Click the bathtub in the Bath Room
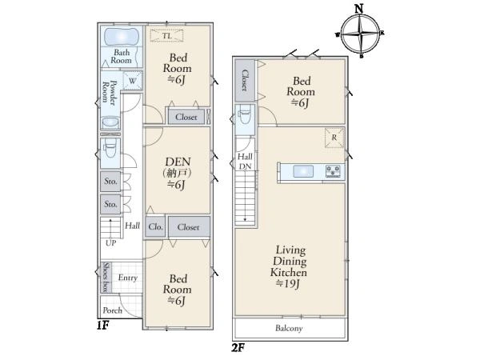pyautogui.click(x=122, y=37)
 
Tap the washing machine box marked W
pyautogui.click(x=133, y=81)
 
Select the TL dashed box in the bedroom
pyautogui.click(x=166, y=35)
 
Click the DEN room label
pyautogui.click(x=178, y=162)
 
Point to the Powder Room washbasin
pyautogui.click(x=110, y=122)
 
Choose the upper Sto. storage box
pyautogui.click(x=110, y=182)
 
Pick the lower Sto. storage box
pyautogui.click(x=110, y=204)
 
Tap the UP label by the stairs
pyautogui.click(x=111, y=243)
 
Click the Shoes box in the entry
pyautogui.click(x=106, y=277)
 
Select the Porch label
pyautogui.click(x=112, y=310)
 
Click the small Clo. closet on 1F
pyautogui.click(x=155, y=227)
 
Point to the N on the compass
pyautogui.click(x=359, y=9)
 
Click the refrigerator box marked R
pyautogui.click(x=334, y=138)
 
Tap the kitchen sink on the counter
pyautogui.click(x=303, y=171)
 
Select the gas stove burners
pyautogui.click(x=333, y=171)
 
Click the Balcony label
pyautogui.click(x=289, y=329)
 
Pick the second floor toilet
pyautogui.click(x=245, y=114)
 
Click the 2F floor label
pyautogui.click(x=238, y=348)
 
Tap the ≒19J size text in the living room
pyautogui.click(x=287, y=284)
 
